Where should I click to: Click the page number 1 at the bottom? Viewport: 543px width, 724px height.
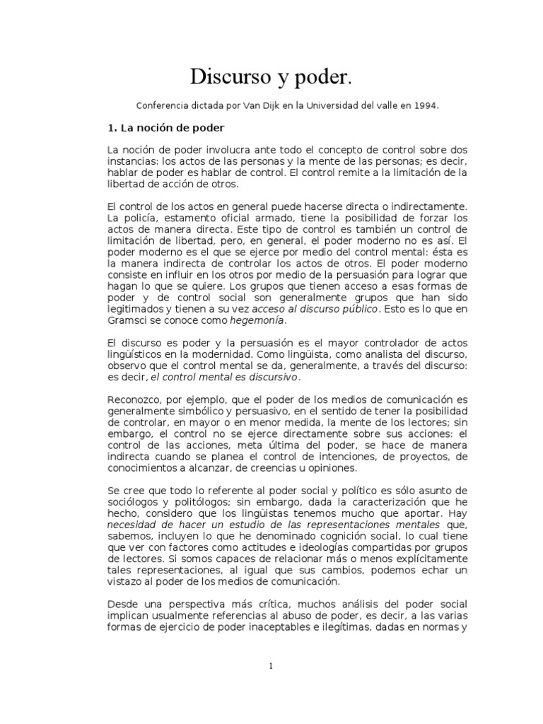(x=271, y=666)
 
